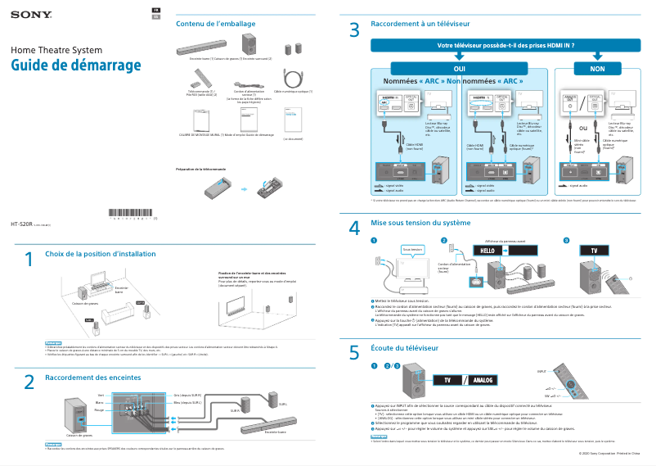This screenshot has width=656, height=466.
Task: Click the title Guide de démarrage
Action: pos(76,66)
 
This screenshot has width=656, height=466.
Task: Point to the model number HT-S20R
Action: pos(20,223)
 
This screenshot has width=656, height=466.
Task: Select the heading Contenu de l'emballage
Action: pos(215,24)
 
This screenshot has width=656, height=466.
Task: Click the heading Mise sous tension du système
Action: pos(420,223)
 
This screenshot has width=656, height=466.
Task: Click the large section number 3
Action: pos(354,30)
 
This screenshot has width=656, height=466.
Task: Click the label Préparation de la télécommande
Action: pos(200,170)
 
